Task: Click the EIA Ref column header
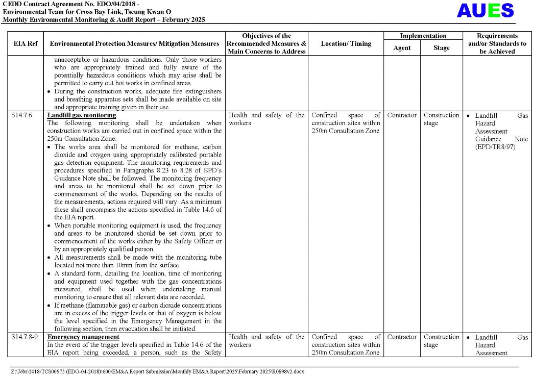click(25, 44)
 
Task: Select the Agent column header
click(402, 48)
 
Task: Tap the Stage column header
click(441, 48)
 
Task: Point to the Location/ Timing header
click(346, 44)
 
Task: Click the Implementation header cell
click(423, 36)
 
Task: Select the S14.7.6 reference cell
click(21, 115)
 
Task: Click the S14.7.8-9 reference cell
click(25, 337)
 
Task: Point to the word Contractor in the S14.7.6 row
click(402, 115)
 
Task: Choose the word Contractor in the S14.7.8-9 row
click(402, 337)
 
